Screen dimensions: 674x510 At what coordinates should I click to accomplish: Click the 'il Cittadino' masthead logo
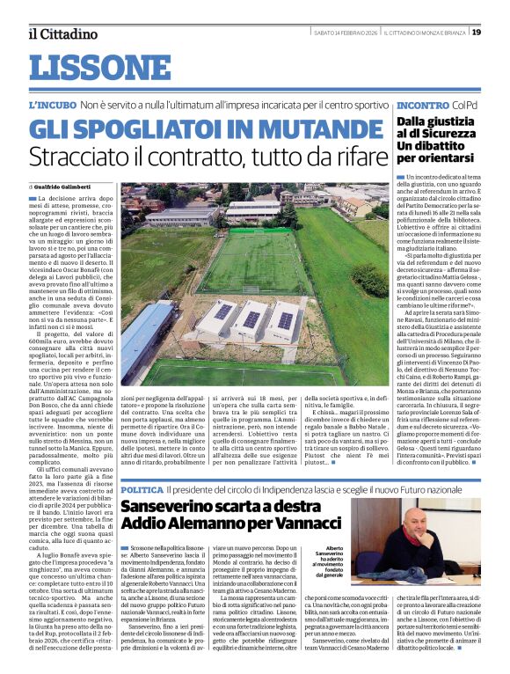click(x=62, y=33)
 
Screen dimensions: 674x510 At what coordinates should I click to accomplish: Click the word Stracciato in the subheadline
click(x=76, y=158)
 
